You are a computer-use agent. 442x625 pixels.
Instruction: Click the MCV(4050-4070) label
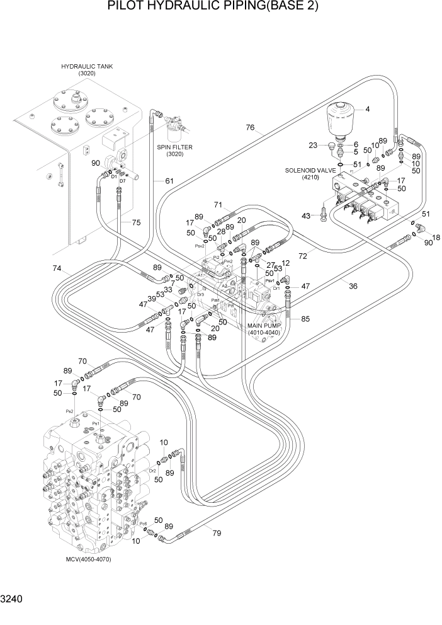(x=88, y=559)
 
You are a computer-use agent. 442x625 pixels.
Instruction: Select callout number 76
(x=250, y=128)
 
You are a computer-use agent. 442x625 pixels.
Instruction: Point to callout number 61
(x=169, y=181)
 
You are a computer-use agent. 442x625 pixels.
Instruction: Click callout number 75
(x=136, y=222)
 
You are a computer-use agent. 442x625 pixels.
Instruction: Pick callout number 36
(x=353, y=286)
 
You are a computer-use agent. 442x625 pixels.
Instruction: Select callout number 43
(x=307, y=216)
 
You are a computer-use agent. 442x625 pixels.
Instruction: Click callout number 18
(x=436, y=237)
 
